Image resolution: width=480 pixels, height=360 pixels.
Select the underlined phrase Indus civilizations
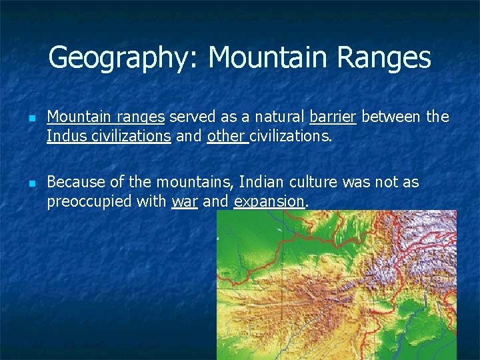109,136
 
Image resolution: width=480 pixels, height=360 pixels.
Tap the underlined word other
227,136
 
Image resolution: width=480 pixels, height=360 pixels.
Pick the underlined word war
185,201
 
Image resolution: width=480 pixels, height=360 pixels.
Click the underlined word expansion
269,201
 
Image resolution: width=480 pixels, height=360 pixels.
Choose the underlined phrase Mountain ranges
105,117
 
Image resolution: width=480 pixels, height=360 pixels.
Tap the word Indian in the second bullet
261,182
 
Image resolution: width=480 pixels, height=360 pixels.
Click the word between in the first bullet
391,117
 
